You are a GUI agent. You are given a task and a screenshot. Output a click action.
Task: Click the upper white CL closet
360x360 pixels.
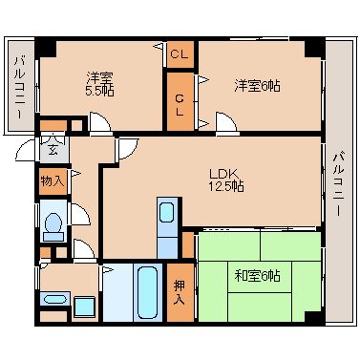(178, 54)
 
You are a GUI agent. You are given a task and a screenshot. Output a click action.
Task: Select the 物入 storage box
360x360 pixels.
(53, 180)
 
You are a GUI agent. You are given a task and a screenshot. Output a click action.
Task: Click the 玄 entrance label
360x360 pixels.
(52, 148)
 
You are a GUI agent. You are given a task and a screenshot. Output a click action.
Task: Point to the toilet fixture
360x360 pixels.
(53, 225)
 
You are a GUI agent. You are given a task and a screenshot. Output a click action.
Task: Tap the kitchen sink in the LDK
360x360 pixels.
(168, 214)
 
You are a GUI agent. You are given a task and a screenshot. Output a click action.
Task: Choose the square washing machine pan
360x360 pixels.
(85, 307)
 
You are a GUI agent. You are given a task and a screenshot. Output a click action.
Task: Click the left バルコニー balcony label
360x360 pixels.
(18, 86)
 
